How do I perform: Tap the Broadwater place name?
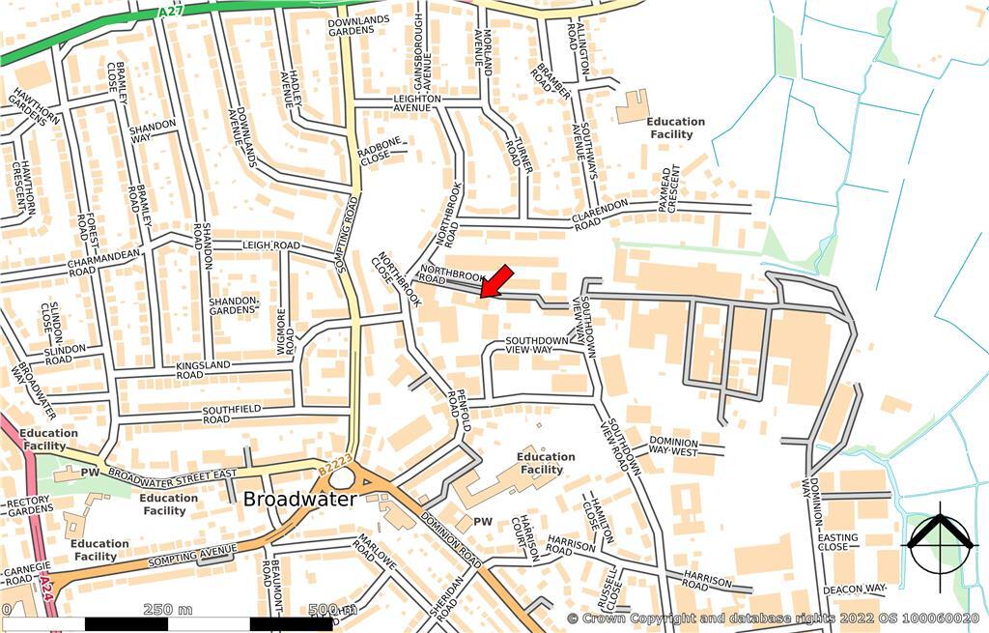pyautogui.click(x=299, y=500)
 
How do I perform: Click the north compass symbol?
pyautogui.click(x=938, y=546)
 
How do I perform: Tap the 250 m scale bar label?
pyautogui.click(x=168, y=609)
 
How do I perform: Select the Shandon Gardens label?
pyautogui.click(x=235, y=304)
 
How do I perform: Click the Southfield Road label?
pyautogui.click(x=230, y=415)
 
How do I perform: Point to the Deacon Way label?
pyautogui.click(x=855, y=589)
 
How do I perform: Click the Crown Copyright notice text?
pyautogui.click(x=773, y=618)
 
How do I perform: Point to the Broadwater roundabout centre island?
pyautogui.click(x=341, y=477)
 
